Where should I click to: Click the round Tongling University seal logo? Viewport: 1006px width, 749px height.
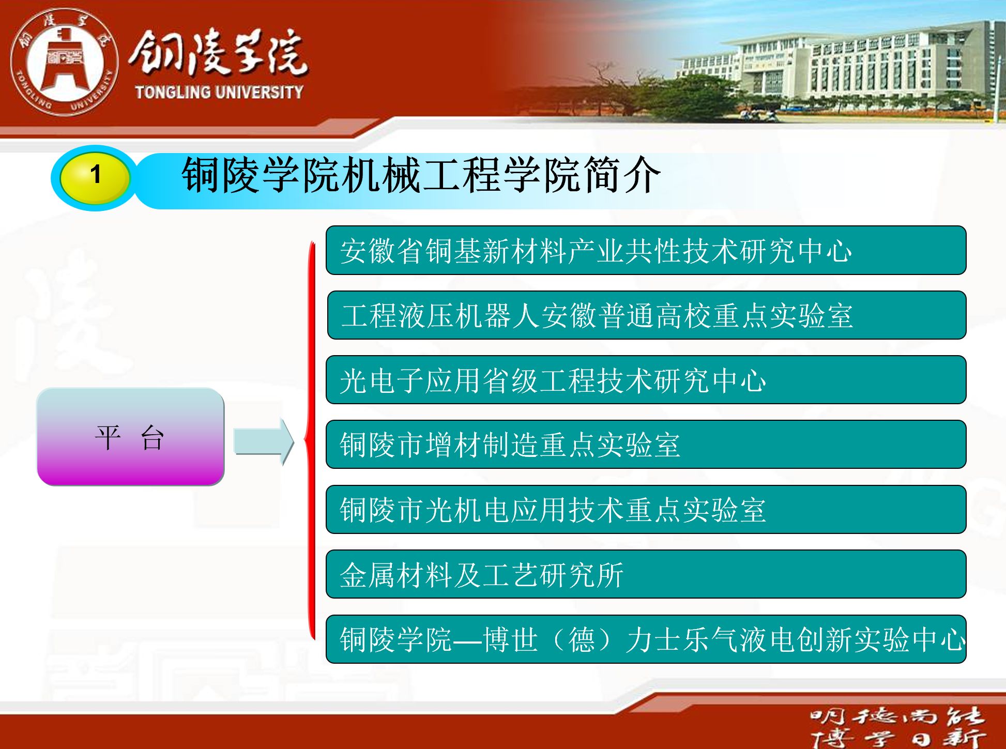64,62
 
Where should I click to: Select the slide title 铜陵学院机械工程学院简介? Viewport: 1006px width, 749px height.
421,175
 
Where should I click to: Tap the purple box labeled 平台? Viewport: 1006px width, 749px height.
130,437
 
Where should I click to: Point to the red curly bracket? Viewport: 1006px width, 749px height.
310,440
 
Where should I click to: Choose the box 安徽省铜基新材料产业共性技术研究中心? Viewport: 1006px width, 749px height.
646,250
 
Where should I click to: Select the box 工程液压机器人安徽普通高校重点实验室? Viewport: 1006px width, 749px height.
647,315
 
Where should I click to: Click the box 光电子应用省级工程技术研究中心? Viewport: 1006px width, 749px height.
646,380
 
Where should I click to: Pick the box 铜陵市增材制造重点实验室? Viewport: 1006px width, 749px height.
646,445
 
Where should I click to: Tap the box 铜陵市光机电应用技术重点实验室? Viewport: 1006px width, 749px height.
646,510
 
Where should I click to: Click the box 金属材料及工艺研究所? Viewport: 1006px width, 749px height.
646,574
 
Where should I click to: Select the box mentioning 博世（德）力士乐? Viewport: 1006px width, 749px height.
646,639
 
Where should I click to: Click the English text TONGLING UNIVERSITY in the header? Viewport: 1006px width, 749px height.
219,92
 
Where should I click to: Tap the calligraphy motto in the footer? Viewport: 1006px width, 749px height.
897,727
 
